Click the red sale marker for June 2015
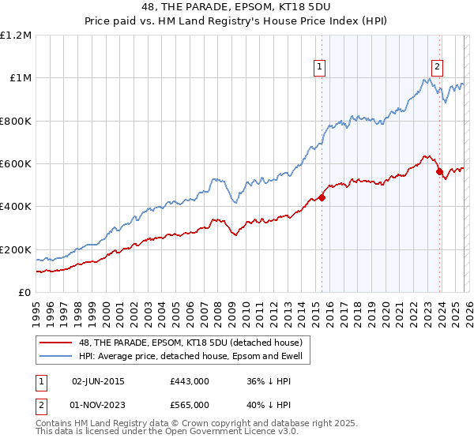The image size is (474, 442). click(x=322, y=198)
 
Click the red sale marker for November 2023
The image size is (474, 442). click(x=440, y=172)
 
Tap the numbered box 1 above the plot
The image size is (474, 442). click(x=319, y=67)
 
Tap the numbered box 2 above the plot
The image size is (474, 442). click(x=437, y=67)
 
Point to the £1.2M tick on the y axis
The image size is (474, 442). click(x=16, y=36)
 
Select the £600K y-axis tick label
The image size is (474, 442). click(x=16, y=164)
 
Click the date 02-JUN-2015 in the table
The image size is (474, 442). click(x=98, y=381)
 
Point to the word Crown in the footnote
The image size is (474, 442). click(x=189, y=424)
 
